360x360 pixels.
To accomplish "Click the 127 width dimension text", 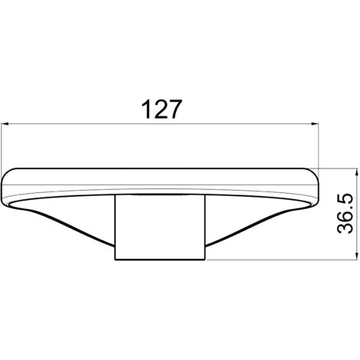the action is tap(162, 110).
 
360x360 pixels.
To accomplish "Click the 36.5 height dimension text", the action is tap(345, 214).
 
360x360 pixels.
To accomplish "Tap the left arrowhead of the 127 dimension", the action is tap(5, 124).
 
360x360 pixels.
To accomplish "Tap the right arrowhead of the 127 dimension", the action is tap(315, 124).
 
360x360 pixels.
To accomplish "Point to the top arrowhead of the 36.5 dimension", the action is tap(355, 172).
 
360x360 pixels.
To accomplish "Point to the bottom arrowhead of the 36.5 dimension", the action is tap(355, 256).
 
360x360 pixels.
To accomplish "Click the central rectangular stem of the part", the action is tap(160, 227).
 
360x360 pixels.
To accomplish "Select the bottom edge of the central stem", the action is tap(160, 260).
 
